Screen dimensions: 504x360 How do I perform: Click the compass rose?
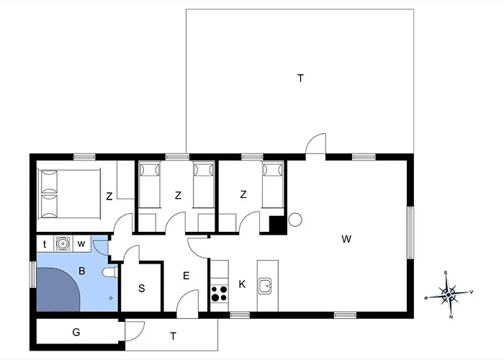click(x=449, y=294)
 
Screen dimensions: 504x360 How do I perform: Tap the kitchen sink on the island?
click(x=265, y=286)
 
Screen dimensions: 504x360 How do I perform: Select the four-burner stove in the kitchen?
click(x=219, y=294)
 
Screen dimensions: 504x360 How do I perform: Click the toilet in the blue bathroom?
click(x=110, y=273)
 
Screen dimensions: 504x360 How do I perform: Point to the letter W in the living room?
click(x=346, y=239)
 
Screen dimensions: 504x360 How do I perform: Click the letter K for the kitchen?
click(x=242, y=284)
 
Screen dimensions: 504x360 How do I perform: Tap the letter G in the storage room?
click(x=76, y=332)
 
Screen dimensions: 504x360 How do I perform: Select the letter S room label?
click(x=141, y=288)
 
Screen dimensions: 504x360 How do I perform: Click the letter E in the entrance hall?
click(x=186, y=276)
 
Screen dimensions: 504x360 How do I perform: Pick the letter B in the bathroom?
click(x=81, y=271)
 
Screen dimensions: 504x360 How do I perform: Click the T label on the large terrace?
click(x=300, y=78)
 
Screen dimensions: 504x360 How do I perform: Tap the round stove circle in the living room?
click(x=295, y=220)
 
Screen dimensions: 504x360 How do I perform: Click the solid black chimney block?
click(x=277, y=225)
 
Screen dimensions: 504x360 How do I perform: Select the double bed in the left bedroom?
click(x=69, y=194)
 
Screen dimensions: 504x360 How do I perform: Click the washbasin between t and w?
click(x=63, y=243)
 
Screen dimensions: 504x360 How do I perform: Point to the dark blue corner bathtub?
click(x=58, y=289)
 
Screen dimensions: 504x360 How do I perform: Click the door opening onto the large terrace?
click(x=315, y=144)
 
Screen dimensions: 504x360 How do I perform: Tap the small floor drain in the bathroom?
click(x=111, y=298)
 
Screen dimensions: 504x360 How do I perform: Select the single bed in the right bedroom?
click(x=273, y=184)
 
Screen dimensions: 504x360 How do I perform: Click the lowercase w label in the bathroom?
click(x=81, y=244)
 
